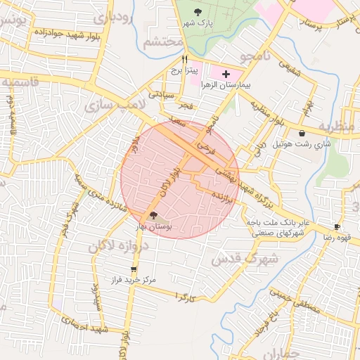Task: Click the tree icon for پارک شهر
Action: pyautogui.click(x=198, y=11)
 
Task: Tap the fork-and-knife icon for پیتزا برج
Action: pyautogui.click(x=184, y=60)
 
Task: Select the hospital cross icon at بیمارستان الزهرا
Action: pyautogui.click(x=226, y=73)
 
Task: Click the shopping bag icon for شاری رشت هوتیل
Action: pyautogui.click(x=302, y=133)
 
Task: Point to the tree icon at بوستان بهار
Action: pyautogui.click(x=154, y=216)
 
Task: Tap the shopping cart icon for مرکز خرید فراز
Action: pyautogui.click(x=134, y=269)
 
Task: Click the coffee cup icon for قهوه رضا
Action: pyautogui.click(x=337, y=226)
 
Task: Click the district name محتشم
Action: pyautogui.click(x=164, y=41)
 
